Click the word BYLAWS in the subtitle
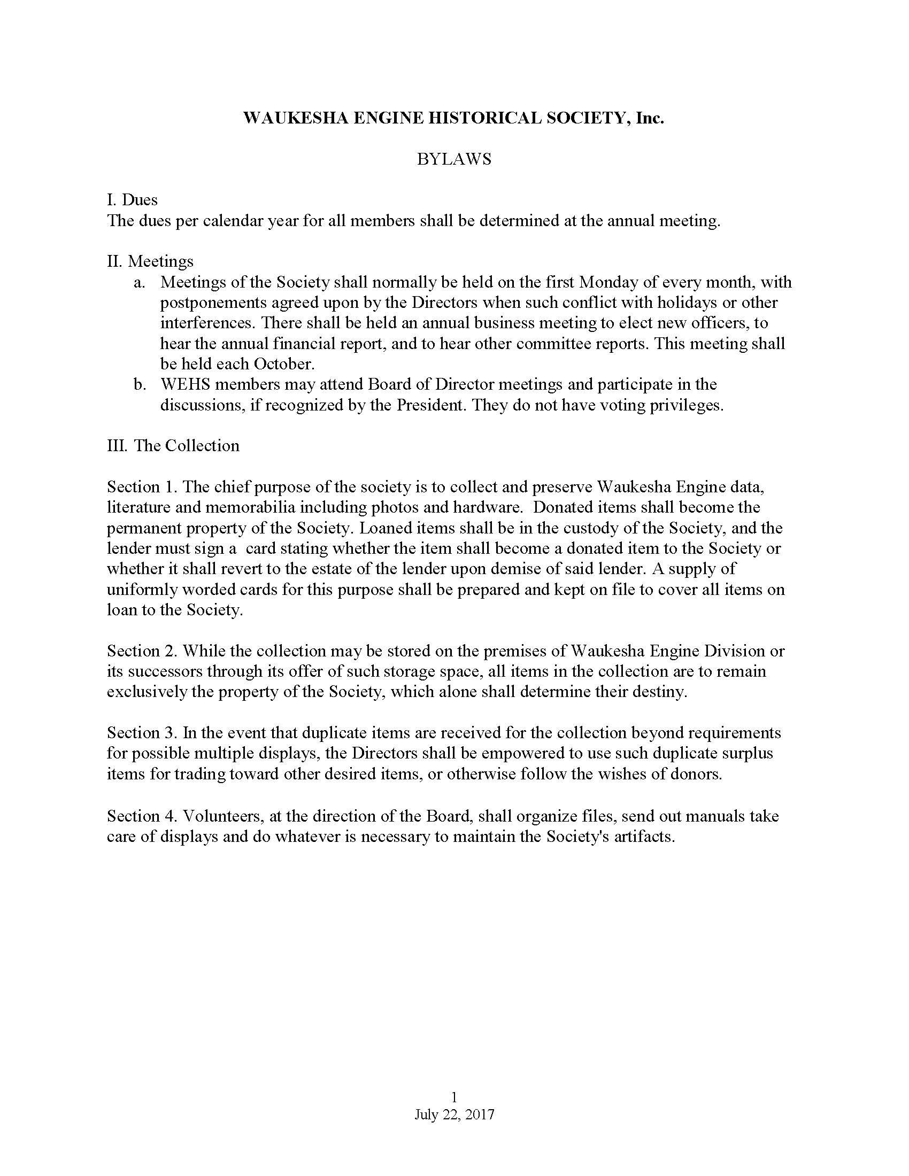[454, 159]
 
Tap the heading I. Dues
[133, 200]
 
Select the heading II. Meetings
[150, 261]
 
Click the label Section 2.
[142, 651]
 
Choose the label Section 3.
[142, 733]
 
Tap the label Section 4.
[142, 816]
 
